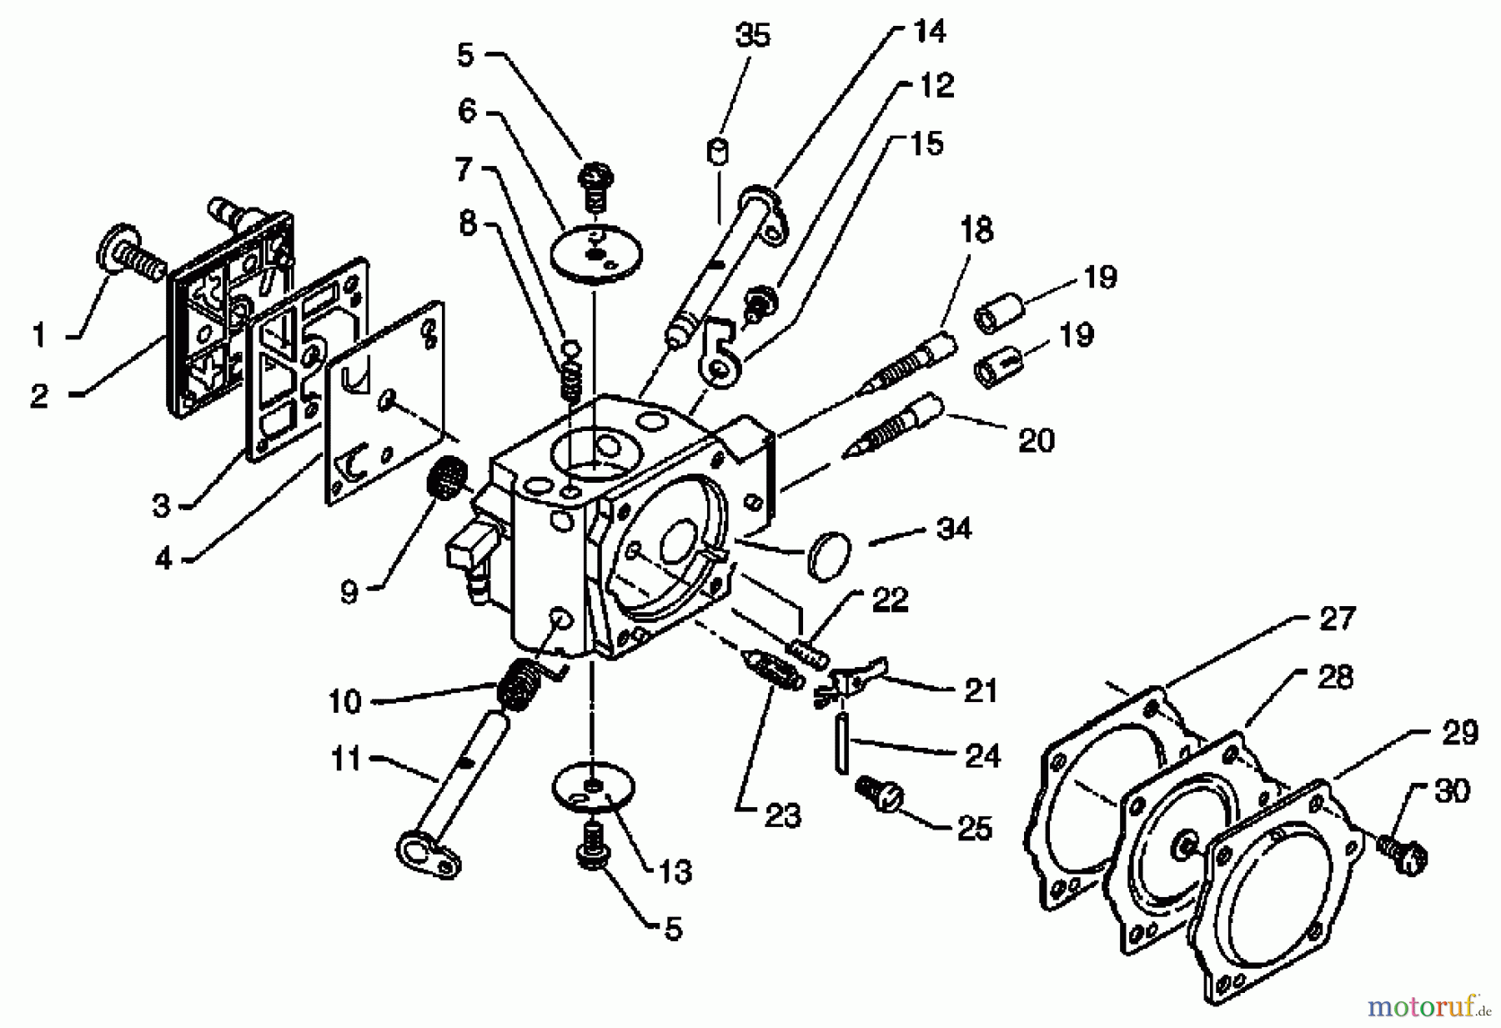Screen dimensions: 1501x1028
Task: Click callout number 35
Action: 752,36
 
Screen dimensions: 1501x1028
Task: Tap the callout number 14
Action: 929,32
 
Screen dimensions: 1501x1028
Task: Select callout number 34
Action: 954,528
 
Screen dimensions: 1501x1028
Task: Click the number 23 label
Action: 781,815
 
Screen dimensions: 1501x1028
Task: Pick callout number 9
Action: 349,591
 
